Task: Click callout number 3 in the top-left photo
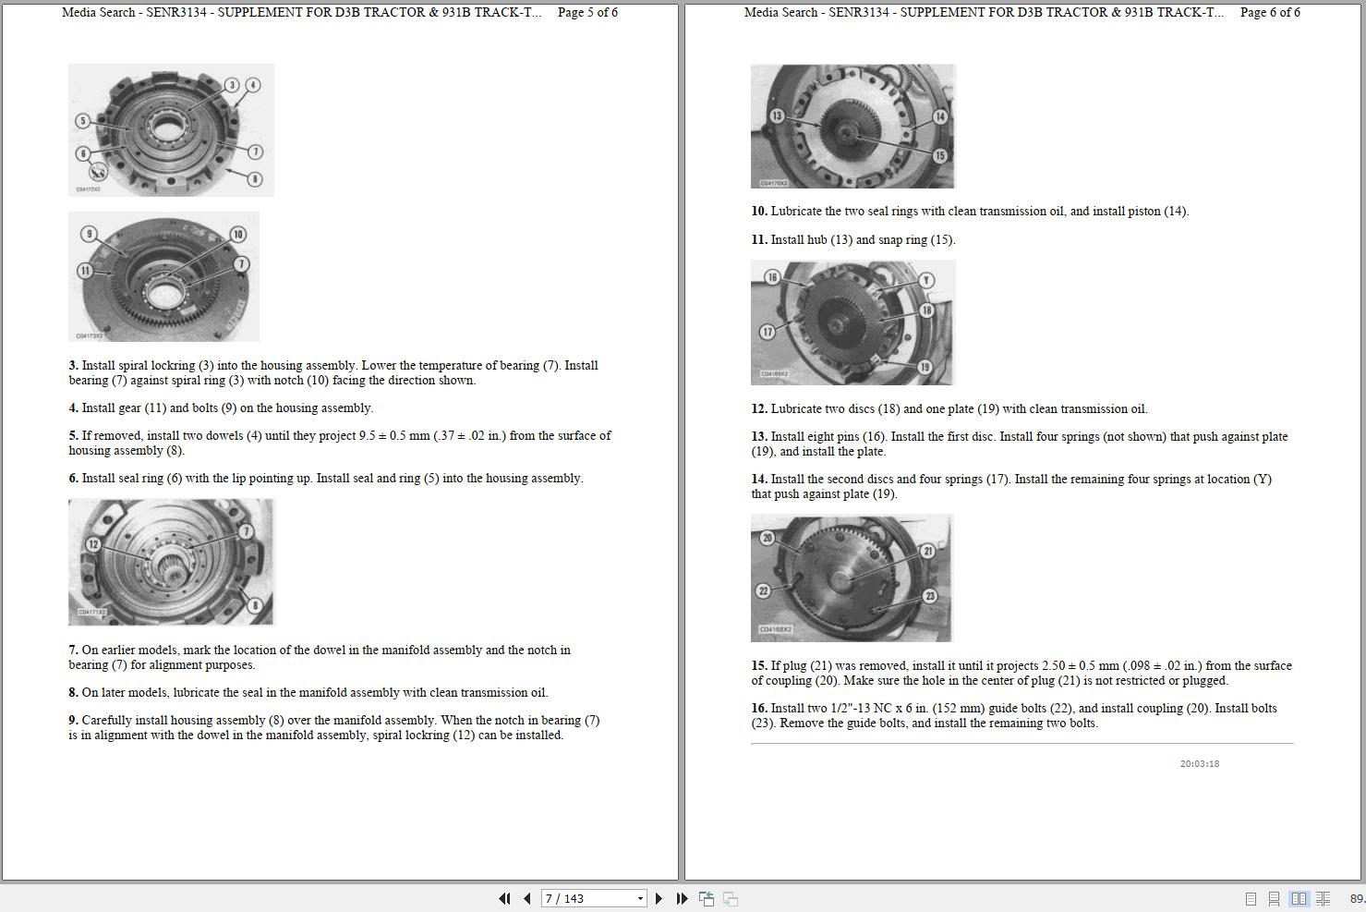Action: [232, 85]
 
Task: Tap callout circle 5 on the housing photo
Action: [83, 121]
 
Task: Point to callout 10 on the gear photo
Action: [238, 234]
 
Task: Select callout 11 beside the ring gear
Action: [85, 270]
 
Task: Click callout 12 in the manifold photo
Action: [92, 544]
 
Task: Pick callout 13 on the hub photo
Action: [777, 116]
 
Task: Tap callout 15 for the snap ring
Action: [939, 155]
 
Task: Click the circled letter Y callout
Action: [926, 280]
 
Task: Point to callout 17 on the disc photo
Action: [768, 332]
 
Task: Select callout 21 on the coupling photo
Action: [927, 552]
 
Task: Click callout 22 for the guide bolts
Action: [764, 590]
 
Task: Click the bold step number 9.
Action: [73, 721]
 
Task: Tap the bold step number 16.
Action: [759, 708]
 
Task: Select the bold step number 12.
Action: [759, 408]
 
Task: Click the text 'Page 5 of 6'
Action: [587, 12]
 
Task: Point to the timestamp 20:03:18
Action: [1200, 764]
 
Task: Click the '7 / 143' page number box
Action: [593, 898]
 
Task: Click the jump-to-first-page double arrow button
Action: [504, 898]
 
